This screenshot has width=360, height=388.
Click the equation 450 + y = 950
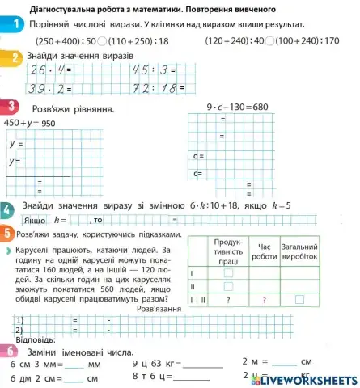point(30,123)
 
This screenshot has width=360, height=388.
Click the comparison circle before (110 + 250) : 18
point(104,40)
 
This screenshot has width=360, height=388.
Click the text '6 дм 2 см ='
point(36,377)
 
